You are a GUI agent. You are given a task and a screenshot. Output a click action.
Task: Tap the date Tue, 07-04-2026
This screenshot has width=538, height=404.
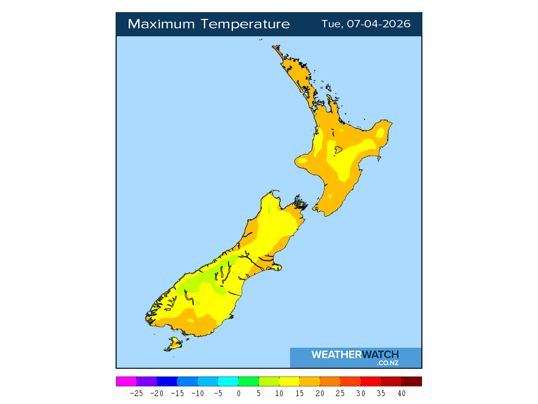[366, 24]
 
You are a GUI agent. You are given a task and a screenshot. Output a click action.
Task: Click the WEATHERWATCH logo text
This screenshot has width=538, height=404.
[355, 355]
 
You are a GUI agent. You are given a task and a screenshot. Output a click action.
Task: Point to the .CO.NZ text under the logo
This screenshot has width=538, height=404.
[387, 363]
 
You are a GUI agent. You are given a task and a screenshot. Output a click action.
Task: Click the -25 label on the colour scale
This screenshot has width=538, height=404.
[137, 393]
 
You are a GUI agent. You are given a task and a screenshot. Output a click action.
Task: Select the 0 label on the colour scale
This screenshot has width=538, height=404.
[239, 393]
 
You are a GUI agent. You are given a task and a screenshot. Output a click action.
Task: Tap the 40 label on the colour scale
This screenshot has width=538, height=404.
[401, 393]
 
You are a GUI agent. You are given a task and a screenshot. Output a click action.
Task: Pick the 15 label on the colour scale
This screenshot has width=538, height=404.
[299, 393]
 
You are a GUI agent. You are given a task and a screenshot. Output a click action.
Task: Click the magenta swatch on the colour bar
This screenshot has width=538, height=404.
[126, 381]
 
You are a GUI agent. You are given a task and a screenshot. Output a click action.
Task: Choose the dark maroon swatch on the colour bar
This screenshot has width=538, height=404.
[411, 381]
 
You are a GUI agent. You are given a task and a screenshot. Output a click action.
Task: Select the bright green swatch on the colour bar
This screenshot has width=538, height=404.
[249, 381]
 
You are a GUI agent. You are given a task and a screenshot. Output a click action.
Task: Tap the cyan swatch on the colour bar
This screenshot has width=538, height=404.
[228, 381]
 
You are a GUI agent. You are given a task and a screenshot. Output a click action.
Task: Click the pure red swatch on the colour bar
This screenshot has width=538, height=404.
[371, 381]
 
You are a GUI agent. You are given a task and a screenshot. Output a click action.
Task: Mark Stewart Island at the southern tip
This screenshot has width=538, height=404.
[173, 345]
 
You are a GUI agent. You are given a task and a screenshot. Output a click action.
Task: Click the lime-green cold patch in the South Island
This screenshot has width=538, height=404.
[202, 284]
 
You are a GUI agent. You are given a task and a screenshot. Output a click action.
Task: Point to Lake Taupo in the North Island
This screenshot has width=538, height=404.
[339, 150]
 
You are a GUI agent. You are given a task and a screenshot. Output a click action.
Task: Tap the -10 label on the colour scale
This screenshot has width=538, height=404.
[198, 393]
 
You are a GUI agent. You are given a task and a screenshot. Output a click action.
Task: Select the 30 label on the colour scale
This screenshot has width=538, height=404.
[360, 393]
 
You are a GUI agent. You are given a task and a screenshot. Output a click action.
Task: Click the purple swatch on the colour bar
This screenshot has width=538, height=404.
[147, 381]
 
